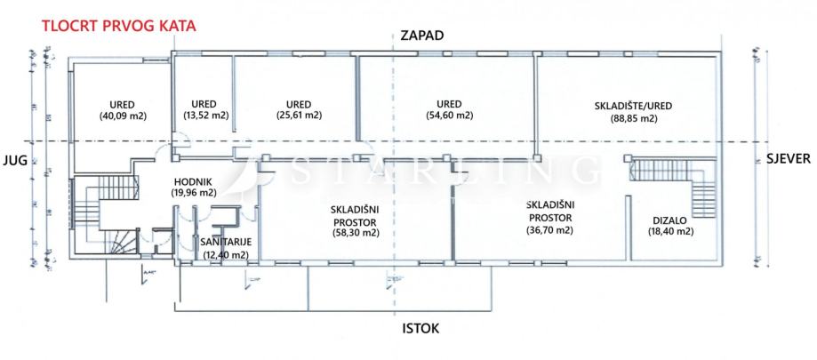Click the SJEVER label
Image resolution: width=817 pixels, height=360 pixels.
[x=786, y=161]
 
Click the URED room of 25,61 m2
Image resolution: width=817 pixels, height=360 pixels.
[x=299, y=108]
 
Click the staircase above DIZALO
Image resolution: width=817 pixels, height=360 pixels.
[x=672, y=175]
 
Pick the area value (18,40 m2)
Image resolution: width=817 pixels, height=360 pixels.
[x=670, y=231]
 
